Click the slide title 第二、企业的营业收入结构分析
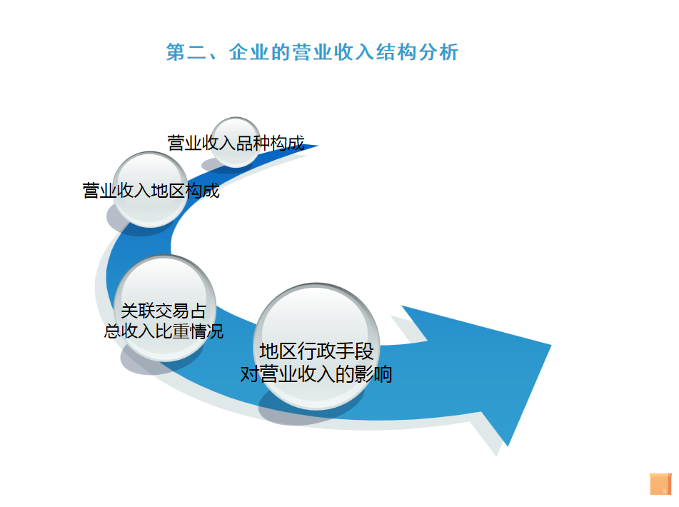tap(312, 52)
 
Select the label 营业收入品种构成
tap(236, 143)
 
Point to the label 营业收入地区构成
tap(151, 191)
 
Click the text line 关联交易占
tap(164, 311)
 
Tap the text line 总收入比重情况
tap(164, 331)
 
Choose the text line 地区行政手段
tap(316, 351)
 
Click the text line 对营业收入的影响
tap(316, 374)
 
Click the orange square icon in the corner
tap(661, 483)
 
